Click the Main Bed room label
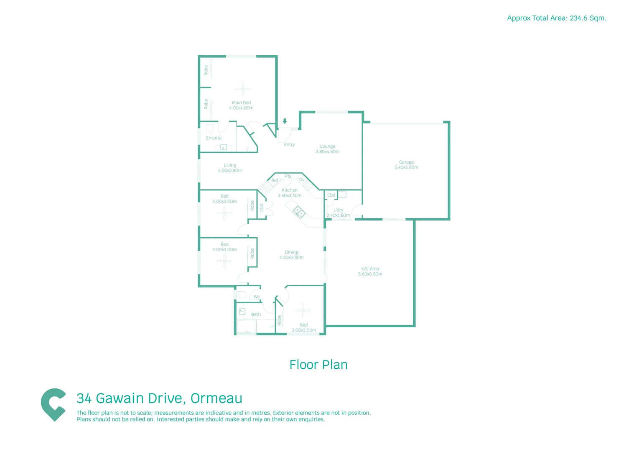[x=241, y=103]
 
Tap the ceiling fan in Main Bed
[x=243, y=89]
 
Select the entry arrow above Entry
[x=285, y=121]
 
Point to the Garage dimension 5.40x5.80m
[x=406, y=167]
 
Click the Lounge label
[x=328, y=146]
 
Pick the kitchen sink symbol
[x=298, y=212]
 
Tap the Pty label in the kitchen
[x=288, y=176]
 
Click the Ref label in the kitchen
[x=275, y=180]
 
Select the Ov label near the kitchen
[x=302, y=180]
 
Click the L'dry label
[x=338, y=210]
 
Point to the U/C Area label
[x=370, y=269]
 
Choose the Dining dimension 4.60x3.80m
[x=291, y=257]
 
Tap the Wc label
[x=257, y=297]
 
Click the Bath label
[x=256, y=314]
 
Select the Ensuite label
[x=214, y=138]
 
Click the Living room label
[x=230, y=165]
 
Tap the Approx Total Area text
[x=556, y=18]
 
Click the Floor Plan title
[x=318, y=365]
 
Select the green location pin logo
[x=53, y=404]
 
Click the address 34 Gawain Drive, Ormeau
[x=159, y=398]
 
